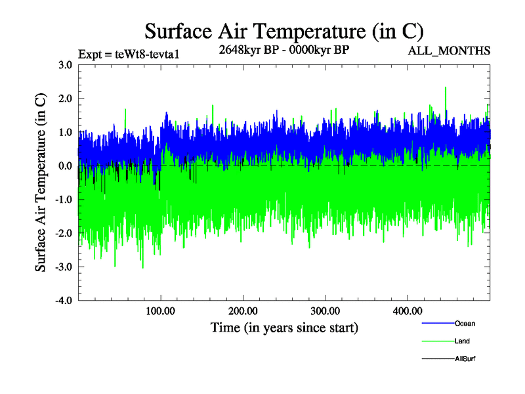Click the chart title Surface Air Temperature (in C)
(x=283, y=31)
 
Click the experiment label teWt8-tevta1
(x=128, y=55)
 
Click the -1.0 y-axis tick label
(x=63, y=200)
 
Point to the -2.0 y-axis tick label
(x=63, y=233)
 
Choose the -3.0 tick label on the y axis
(x=63, y=267)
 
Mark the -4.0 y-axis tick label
(x=63, y=300)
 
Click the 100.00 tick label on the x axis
(x=161, y=311)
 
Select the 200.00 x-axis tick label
(x=243, y=311)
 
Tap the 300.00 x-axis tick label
(x=325, y=311)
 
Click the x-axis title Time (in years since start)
(x=284, y=327)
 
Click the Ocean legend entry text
(x=465, y=324)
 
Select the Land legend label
(x=462, y=341)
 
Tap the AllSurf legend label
(x=465, y=359)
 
